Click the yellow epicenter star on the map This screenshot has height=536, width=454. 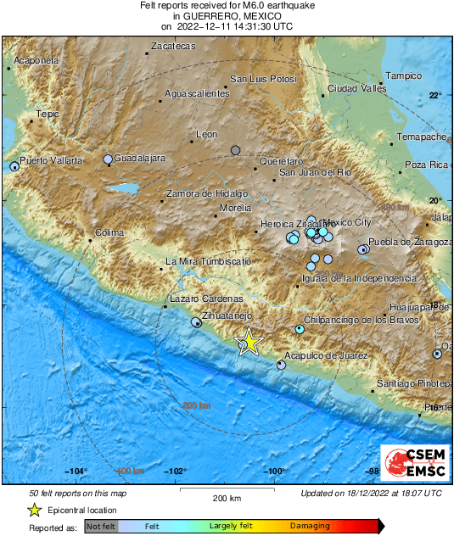point(249,341)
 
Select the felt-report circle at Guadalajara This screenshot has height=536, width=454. point(108,159)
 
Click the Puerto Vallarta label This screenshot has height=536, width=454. point(52,160)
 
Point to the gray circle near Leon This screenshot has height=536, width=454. point(236,150)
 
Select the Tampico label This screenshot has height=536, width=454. point(404,75)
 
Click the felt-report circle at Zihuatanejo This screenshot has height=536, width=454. point(196,322)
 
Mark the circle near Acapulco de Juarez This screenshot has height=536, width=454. point(281,365)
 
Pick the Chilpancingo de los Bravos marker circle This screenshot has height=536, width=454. point(300,329)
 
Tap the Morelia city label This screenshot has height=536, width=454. point(235,207)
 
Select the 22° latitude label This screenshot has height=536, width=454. point(434,95)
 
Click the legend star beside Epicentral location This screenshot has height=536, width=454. point(34,510)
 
